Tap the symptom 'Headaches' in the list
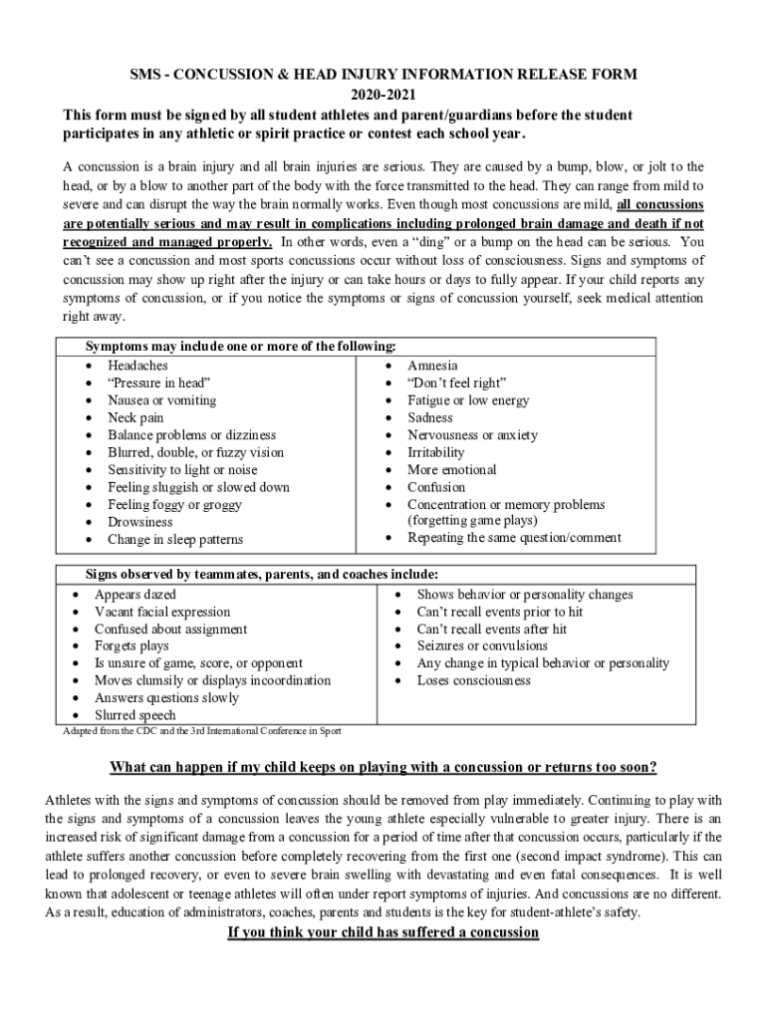point(137,366)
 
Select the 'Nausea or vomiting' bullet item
point(161,400)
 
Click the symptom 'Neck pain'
point(135,417)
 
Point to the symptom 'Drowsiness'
point(139,522)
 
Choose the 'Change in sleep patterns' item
point(174,539)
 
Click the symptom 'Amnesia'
point(432,366)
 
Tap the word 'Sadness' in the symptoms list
point(429,417)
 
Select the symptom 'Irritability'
point(435,452)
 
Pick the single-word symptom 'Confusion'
point(435,487)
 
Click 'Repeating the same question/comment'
point(514,538)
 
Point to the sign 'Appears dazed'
point(134,595)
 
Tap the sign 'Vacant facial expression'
point(161,612)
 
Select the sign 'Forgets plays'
point(131,646)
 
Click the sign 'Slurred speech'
point(134,715)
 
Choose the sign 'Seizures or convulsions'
point(482,645)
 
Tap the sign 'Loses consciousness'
point(473,680)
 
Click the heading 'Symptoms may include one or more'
point(240,347)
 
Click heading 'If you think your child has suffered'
point(383,933)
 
